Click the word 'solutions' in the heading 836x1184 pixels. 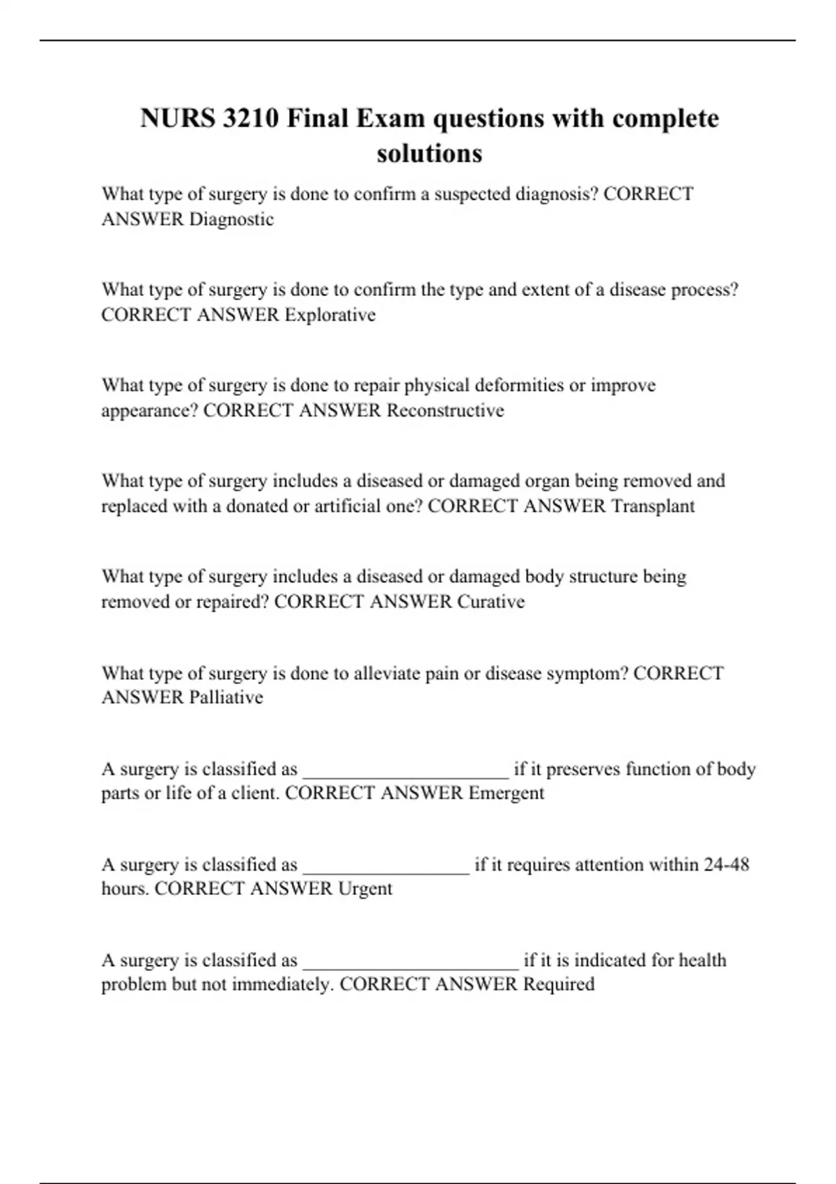click(x=429, y=153)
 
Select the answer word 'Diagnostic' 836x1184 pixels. click(x=232, y=219)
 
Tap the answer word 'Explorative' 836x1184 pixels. click(x=330, y=315)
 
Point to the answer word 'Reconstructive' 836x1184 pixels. click(x=445, y=410)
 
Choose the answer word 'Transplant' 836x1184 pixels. click(x=653, y=506)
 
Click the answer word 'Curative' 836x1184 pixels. click(x=490, y=602)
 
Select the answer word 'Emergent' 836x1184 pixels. click(x=506, y=793)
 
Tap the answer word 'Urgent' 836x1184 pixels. click(x=365, y=889)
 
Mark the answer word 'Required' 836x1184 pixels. click(x=559, y=984)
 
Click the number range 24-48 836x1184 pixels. click(x=727, y=865)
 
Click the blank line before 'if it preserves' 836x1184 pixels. click(x=406, y=772)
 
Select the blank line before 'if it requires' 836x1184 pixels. click(x=387, y=867)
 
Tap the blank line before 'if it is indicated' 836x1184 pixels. click(x=411, y=963)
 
